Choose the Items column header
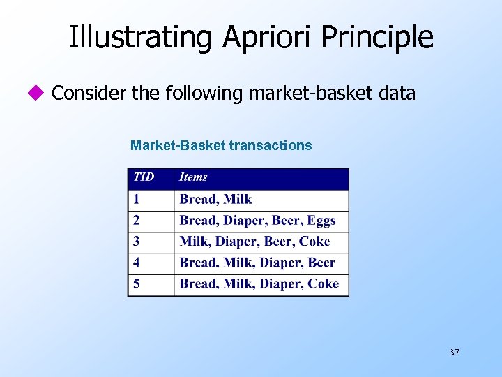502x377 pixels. pyautogui.click(x=193, y=177)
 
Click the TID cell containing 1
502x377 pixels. pyautogui.click(x=137, y=200)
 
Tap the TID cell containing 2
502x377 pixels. pyautogui.click(x=137, y=221)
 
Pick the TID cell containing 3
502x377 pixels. pyautogui.click(x=137, y=242)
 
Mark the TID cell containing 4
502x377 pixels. pyautogui.click(x=137, y=263)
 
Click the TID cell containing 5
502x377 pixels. pyautogui.click(x=137, y=284)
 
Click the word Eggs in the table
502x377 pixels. pyautogui.click(x=321, y=221)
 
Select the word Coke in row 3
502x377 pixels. pyautogui.click(x=314, y=242)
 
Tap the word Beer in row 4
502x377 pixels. pyautogui.click(x=321, y=263)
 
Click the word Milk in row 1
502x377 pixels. pyautogui.click(x=238, y=200)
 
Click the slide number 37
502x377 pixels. pyautogui.click(x=454, y=353)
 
